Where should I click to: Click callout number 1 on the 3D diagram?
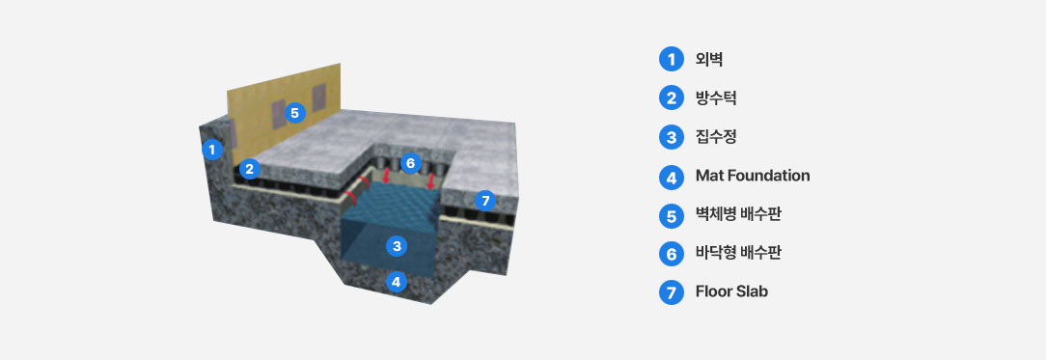tap(212, 150)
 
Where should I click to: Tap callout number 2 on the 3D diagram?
tap(250, 169)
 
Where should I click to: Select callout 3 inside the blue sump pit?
tap(397, 247)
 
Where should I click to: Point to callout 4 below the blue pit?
tap(397, 282)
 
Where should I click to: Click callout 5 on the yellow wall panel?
tap(295, 113)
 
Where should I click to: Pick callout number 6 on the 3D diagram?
tap(411, 162)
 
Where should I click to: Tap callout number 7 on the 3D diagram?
tap(485, 200)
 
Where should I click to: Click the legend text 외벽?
tap(709, 60)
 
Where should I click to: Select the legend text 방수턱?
tap(716, 98)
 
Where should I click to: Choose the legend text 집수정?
tap(716, 137)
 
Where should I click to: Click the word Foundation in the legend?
tap(766, 176)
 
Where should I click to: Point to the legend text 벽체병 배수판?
tap(738, 214)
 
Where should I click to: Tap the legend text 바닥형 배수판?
tap(738, 253)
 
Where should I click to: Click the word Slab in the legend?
tap(752, 291)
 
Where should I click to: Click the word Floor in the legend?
tap(714, 291)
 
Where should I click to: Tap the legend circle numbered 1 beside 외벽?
tap(672, 60)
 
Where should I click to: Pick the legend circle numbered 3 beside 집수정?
tap(672, 137)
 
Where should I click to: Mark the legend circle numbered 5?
tap(672, 215)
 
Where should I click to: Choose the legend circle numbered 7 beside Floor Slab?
tap(672, 292)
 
